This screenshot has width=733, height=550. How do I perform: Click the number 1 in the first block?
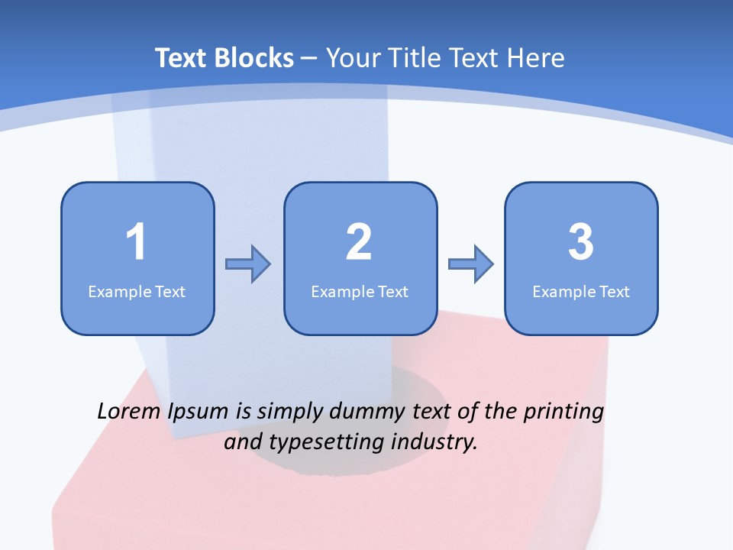[x=136, y=242]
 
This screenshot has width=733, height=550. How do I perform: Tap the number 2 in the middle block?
[x=359, y=242]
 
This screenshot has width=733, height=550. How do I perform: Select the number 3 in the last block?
[x=581, y=242]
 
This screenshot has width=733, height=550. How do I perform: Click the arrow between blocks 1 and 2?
[x=248, y=264]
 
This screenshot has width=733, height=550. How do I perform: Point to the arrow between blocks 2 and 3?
[x=470, y=264]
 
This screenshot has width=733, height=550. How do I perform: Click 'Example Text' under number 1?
[x=137, y=291]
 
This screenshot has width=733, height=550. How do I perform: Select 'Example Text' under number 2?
[x=360, y=291]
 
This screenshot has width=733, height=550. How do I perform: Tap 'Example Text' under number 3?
[x=581, y=291]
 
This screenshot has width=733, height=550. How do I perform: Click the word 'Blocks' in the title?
[x=254, y=58]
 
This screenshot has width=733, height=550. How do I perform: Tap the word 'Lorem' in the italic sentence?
[x=128, y=412]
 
